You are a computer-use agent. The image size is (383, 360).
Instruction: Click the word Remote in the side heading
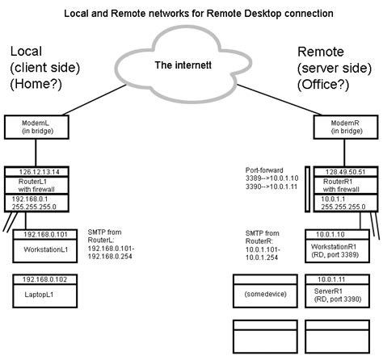coord(321,50)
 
